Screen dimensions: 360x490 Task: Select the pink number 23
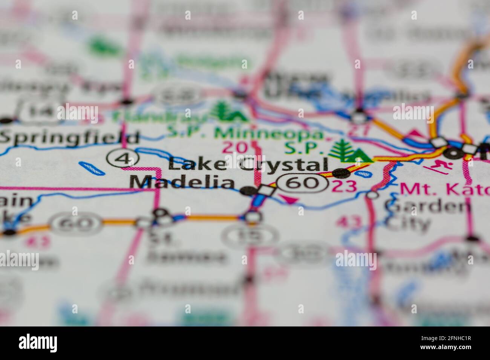[x=345, y=186]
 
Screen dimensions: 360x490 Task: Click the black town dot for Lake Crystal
[x=341, y=173]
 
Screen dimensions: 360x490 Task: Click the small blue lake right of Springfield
[x=92, y=168]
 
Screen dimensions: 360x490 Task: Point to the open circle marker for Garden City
[x=372, y=195]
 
